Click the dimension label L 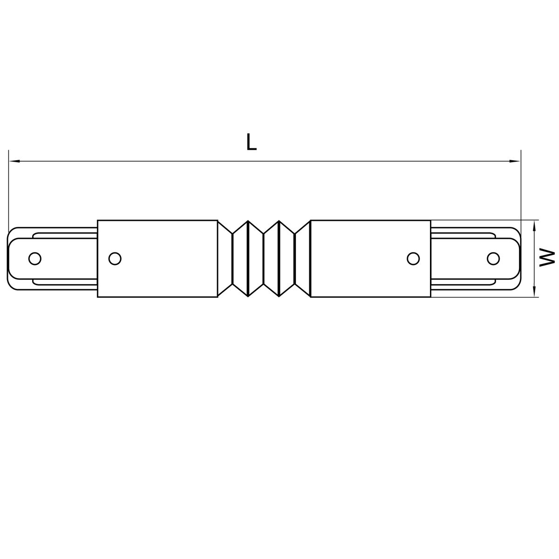(x=251, y=142)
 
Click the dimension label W (x=547, y=258)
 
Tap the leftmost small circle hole (x=35, y=258)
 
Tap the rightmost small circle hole (x=493, y=258)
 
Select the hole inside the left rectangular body (x=115, y=258)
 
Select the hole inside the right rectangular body (x=413, y=258)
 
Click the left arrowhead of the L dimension (x=14, y=161)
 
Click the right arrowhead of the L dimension (x=515, y=161)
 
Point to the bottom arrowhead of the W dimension (x=534, y=292)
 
